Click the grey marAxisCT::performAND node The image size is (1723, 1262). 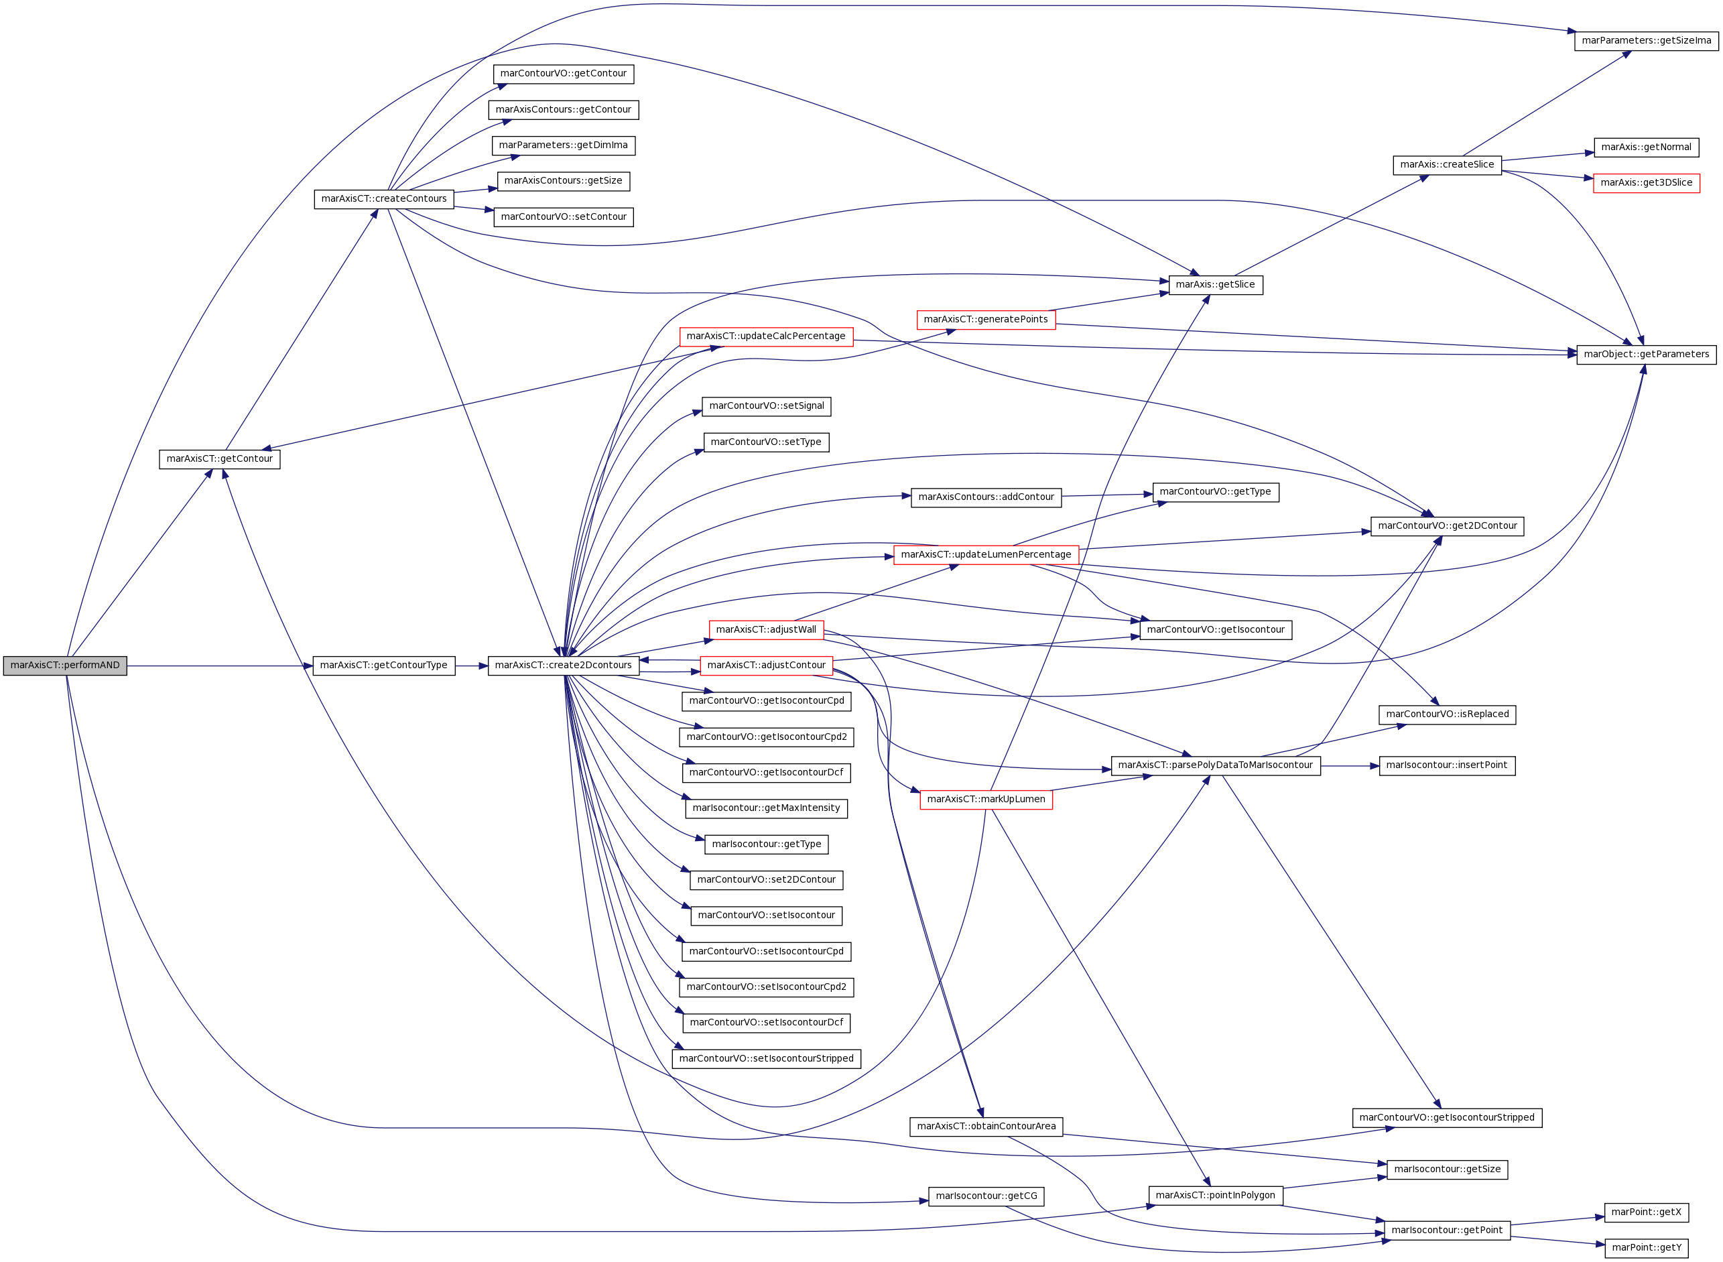(65, 666)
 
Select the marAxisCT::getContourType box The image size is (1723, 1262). (383, 666)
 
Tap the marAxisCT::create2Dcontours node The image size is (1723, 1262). (564, 666)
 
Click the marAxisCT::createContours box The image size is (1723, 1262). (384, 198)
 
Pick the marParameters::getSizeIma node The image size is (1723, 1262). (1647, 40)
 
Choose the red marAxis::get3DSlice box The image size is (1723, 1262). (1647, 182)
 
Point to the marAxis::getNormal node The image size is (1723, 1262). (1647, 147)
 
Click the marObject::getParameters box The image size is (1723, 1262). (1647, 355)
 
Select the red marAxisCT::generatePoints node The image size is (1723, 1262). (986, 319)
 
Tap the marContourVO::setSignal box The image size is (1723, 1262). (767, 406)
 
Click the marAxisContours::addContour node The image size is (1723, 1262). (986, 497)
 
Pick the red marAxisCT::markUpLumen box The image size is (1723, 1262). (986, 800)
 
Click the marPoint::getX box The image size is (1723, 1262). (1647, 1212)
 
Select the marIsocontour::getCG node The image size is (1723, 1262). (986, 1196)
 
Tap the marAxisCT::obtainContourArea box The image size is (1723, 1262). (986, 1127)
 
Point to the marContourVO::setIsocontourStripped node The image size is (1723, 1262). (767, 1059)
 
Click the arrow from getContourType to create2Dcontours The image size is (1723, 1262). (471, 666)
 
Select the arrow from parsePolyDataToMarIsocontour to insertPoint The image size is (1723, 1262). (1350, 765)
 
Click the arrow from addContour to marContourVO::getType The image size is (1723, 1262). (1107, 496)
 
